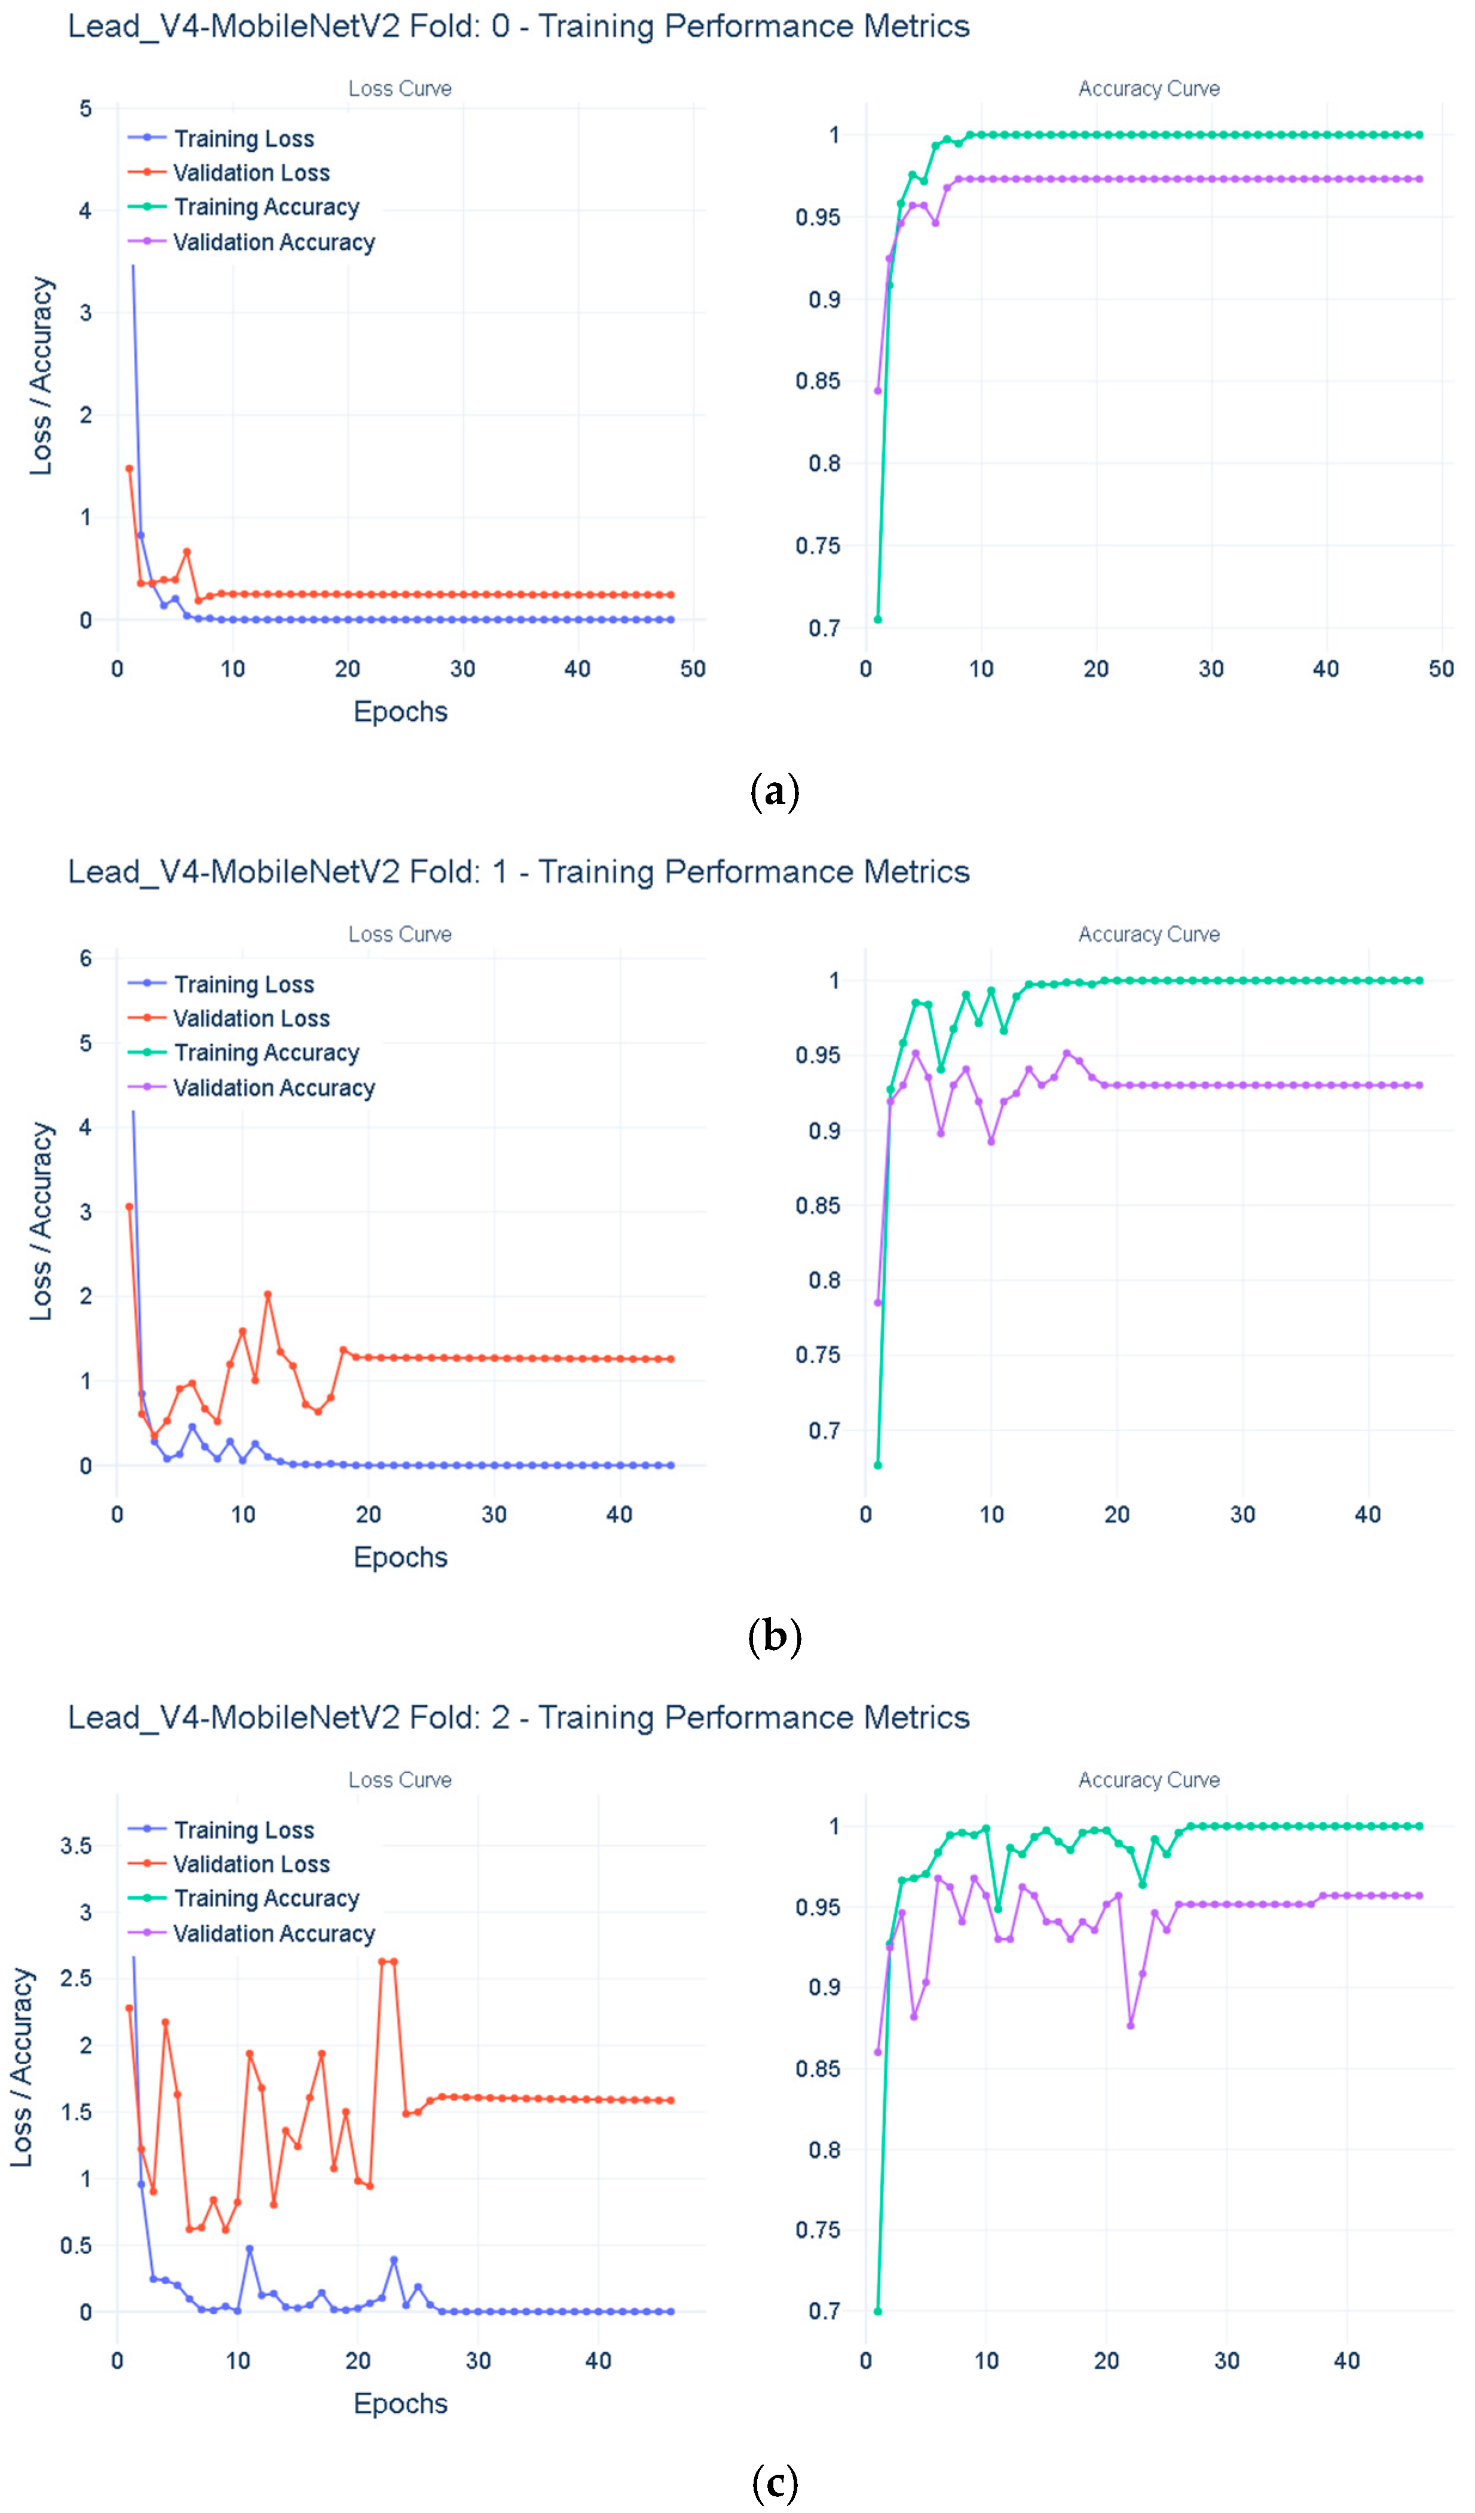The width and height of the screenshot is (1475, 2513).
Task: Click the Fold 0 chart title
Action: click(x=519, y=26)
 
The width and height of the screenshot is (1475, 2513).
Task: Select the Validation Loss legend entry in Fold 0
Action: click(x=229, y=173)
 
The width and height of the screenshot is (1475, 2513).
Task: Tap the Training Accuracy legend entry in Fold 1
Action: click(x=244, y=1053)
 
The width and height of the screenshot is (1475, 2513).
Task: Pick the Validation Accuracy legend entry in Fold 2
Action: click(x=252, y=1934)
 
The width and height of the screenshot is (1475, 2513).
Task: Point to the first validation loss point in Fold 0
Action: click(x=128, y=469)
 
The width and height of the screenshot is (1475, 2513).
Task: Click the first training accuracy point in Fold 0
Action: click(x=877, y=619)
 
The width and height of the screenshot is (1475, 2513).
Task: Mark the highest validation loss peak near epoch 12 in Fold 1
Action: click(x=267, y=1294)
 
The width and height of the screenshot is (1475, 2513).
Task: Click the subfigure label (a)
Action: click(x=774, y=792)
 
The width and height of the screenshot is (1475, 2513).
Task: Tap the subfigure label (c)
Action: click(x=774, y=2482)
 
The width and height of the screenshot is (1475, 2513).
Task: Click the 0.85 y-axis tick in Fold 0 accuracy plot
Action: click(x=818, y=381)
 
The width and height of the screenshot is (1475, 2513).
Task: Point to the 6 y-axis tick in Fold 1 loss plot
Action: click(x=86, y=959)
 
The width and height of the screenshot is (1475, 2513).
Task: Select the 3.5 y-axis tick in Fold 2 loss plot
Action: click(x=76, y=1846)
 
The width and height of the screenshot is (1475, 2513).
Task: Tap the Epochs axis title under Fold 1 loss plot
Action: click(x=400, y=1557)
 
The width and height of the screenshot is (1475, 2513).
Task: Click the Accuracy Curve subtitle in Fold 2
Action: click(x=1149, y=1780)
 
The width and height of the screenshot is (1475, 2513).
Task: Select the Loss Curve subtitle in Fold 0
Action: click(x=400, y=89)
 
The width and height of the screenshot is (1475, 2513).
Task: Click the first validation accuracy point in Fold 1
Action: click(x=877, y=1302)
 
